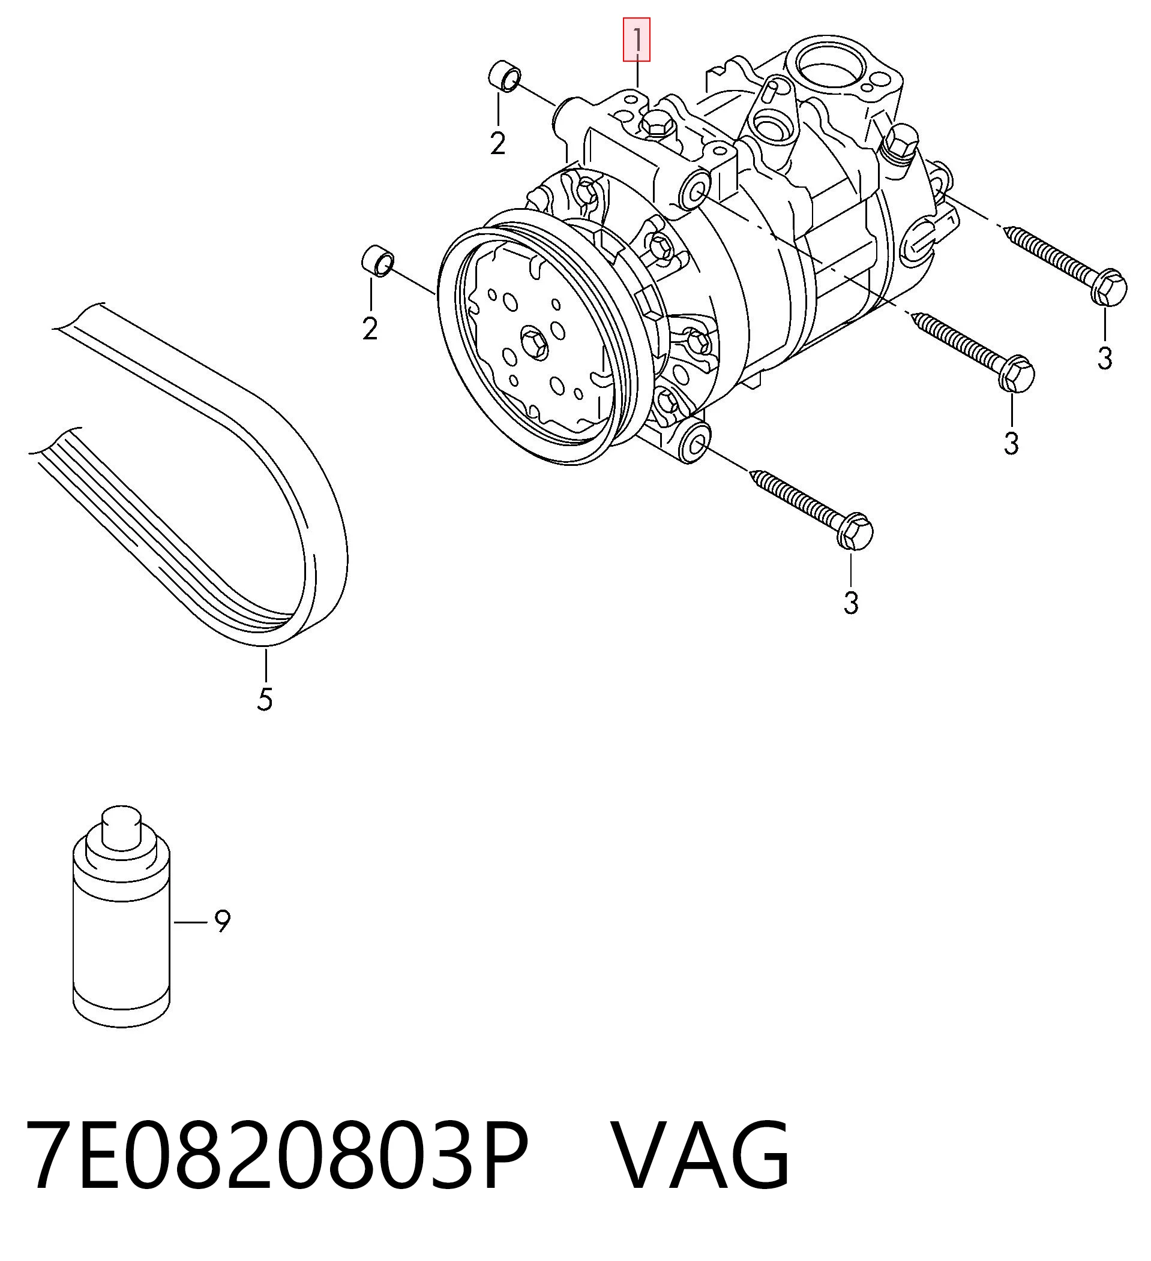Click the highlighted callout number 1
pyautogui.click(x=637, y=40)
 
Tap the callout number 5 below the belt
pyautogui.click(x=265, y=699)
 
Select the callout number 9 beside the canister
pyautogui.click(x=222, y=922)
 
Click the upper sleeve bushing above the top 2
pyautogui.click(x=504, y=76)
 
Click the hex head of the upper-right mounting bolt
pyautogui.click(x=1108, y=287)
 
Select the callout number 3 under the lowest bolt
pyautogui.click(x=850, y=603)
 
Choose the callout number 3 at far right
pyautogui.click(x=1105, y=359)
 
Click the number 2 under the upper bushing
pyautogui.click(x=497, y=144)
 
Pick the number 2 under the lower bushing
pyautogui.click(x=370, y=329)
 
